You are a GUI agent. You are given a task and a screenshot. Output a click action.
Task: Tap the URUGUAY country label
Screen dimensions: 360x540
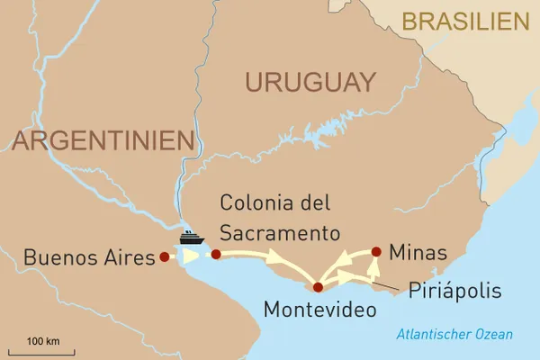click(310, 83)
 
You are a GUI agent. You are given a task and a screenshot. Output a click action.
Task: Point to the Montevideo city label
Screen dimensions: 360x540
click(320, 310)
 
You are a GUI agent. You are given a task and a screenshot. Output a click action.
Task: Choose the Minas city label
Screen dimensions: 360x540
click(418, 253)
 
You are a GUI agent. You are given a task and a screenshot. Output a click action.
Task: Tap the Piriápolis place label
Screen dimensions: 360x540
click(454, 292)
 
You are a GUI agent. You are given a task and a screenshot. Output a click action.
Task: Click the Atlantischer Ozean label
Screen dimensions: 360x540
click(454, 335)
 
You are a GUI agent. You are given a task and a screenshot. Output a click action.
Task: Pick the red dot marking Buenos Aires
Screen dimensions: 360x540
click(164, 256)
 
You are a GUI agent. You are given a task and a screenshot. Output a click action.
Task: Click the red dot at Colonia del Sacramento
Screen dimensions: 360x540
click(215, 255)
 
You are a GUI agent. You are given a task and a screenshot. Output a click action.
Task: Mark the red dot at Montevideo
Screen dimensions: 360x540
click(317, 288)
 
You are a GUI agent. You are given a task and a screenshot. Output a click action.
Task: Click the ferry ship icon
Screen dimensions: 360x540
click(190, 238)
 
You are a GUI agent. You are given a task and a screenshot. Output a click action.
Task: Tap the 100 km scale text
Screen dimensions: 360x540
click(42, 341)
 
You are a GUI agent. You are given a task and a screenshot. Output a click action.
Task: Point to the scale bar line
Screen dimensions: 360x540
click(42, 352)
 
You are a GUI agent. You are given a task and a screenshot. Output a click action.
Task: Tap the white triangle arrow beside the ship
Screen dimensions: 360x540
click(191, 256)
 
